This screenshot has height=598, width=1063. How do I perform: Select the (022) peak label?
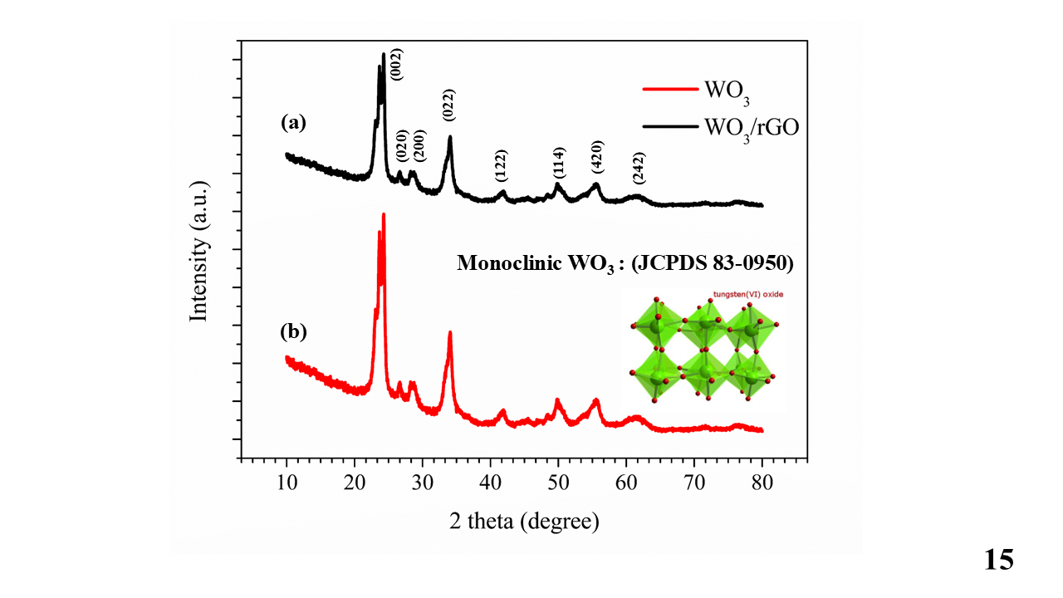[449, 105]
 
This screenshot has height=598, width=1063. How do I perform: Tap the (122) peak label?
[501, 166]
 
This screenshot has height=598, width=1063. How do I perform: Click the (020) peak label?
[402, 146]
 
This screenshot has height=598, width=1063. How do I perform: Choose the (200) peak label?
[419, 146]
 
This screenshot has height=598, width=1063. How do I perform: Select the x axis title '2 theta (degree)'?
[524, 522]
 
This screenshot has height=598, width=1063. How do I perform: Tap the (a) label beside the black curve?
[294, 124]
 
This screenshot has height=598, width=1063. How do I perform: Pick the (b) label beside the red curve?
[294, 331]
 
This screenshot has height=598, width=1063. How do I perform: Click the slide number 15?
[999, 560]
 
